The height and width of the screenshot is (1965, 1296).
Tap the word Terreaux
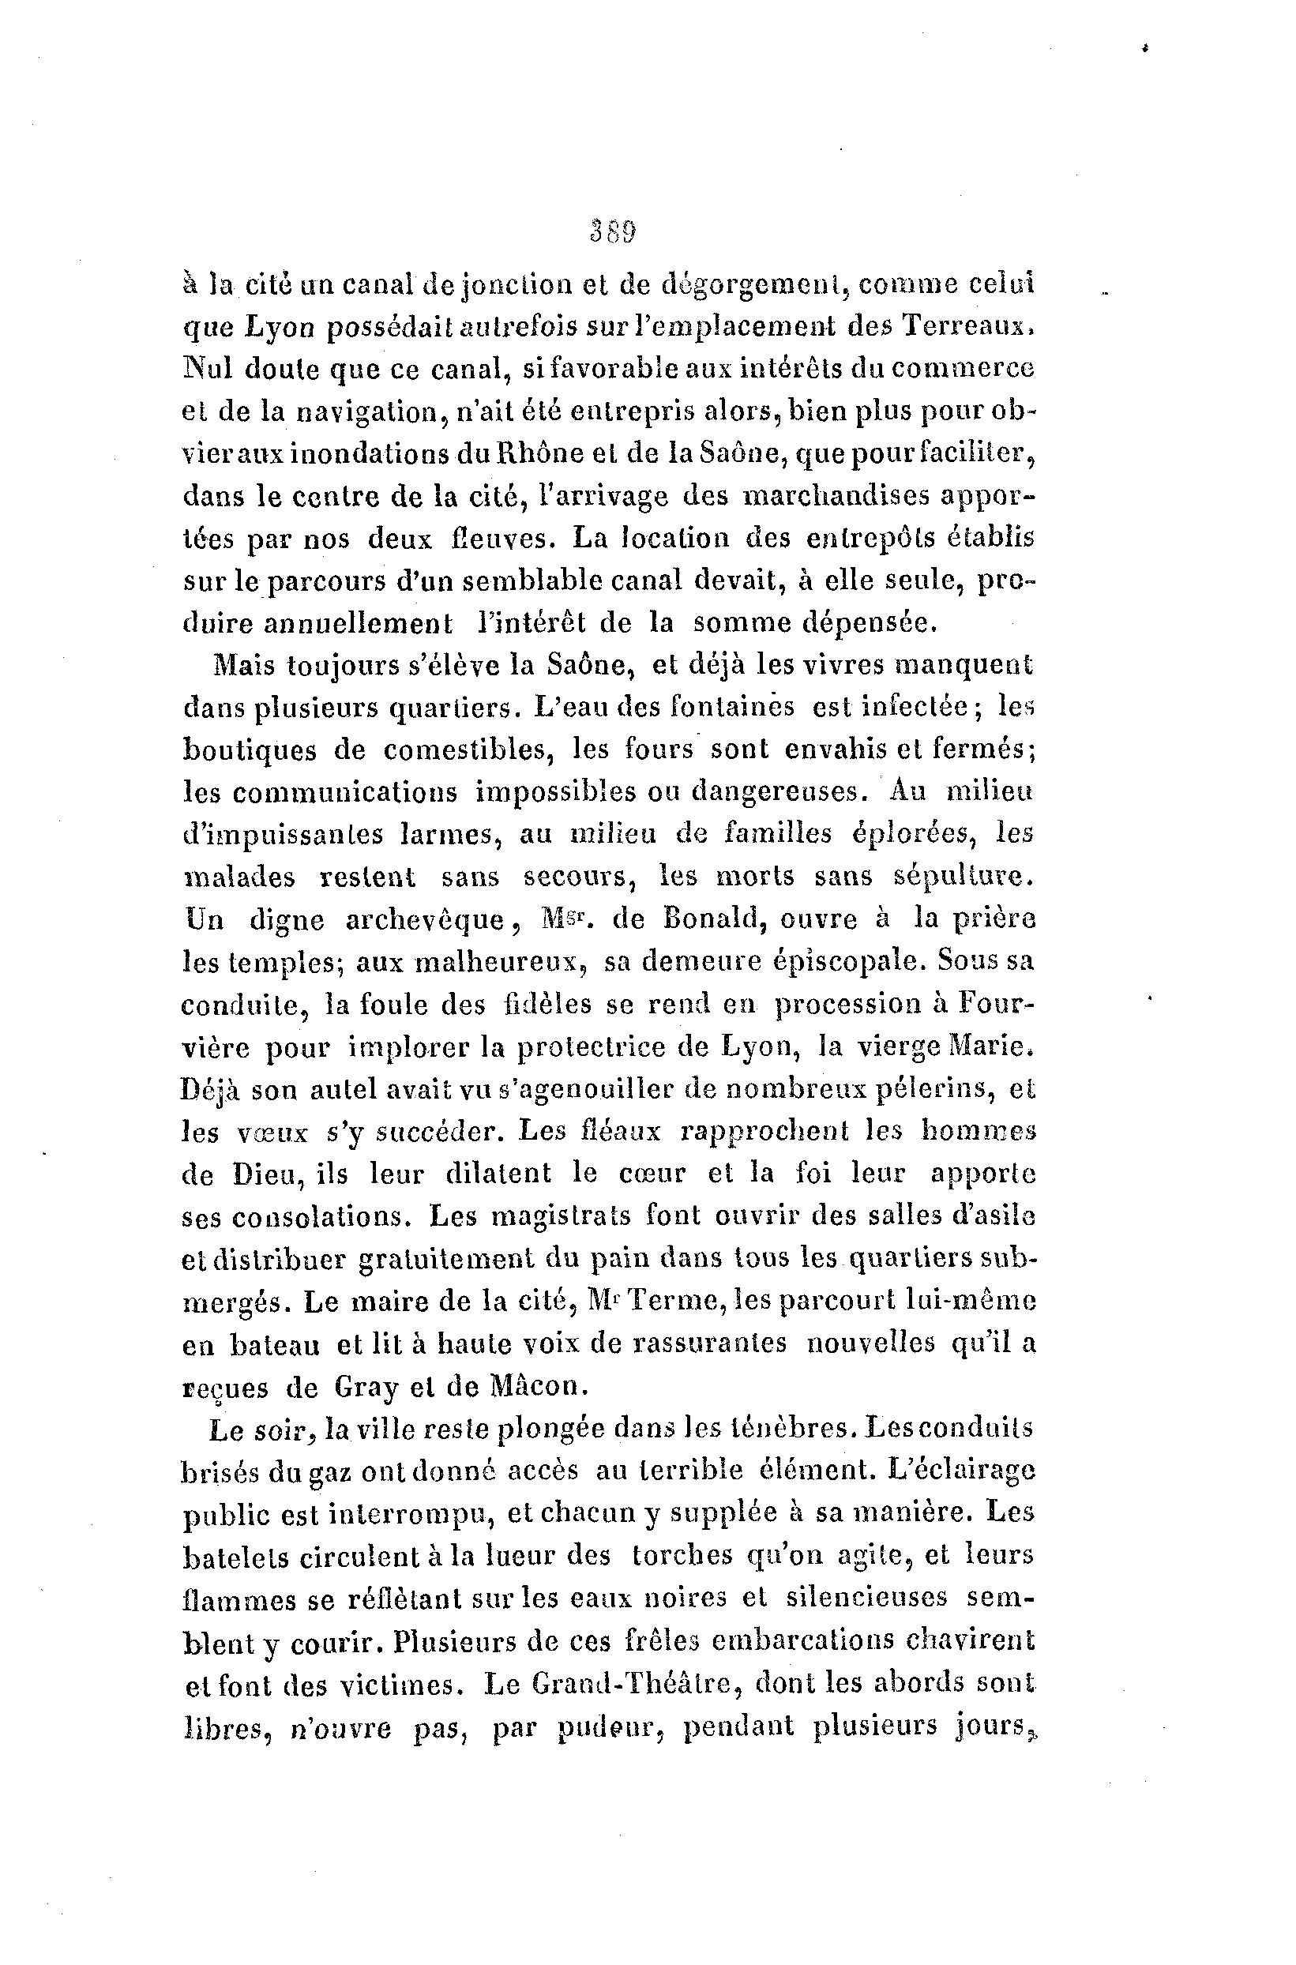click(965, 327)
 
